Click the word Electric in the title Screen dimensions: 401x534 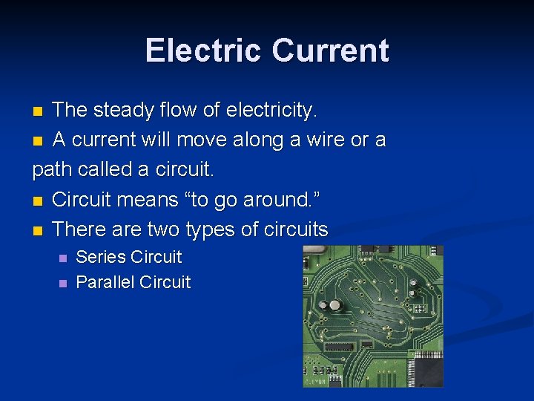(204, 50)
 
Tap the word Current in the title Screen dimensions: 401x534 (330, 50)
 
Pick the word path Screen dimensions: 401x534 (53, 169)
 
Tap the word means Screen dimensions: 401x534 (143, 200)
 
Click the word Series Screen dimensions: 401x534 (102, 257)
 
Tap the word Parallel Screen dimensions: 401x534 (105, 282)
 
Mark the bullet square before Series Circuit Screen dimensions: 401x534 (62, 258)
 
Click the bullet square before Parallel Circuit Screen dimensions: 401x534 (62, 284)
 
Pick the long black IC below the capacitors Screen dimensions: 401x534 (339, 346)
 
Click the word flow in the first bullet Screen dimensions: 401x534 (181, 111)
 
